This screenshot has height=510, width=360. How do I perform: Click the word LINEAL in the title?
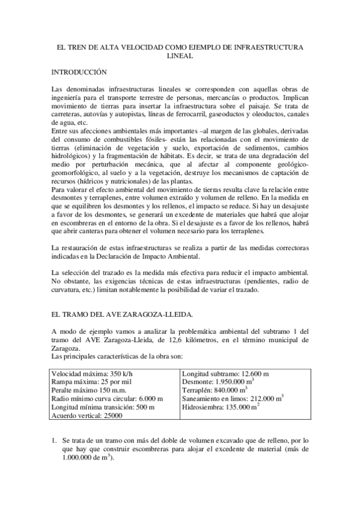pos(180,55)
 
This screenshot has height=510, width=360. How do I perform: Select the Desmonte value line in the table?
pos(217,381)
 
